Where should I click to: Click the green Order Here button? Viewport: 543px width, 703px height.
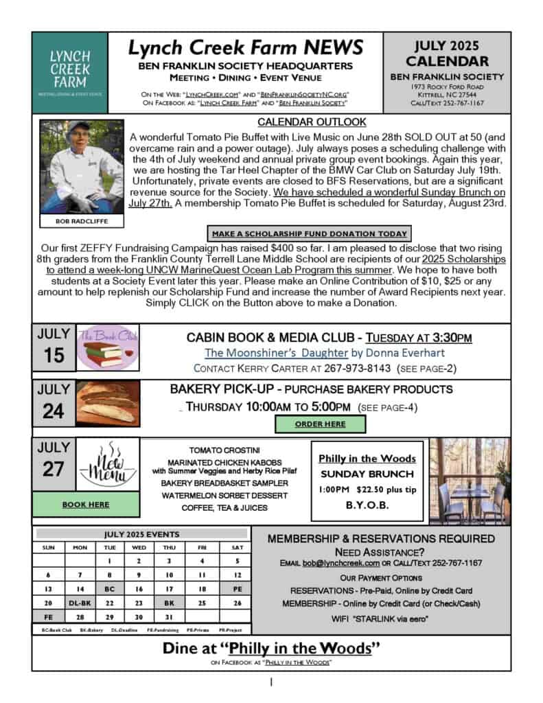pyautogui.click(x=320, y=424)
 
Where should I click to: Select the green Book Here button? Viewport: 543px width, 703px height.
pyautogui.click(x=86, y=504)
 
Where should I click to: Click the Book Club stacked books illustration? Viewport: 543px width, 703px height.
pyautogui.click(x=106, y=347)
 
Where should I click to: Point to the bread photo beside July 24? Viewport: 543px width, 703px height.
pyautogui.click(x=106, y=405)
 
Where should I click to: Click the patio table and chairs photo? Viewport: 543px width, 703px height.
pyautogui.click(x=470, y=481)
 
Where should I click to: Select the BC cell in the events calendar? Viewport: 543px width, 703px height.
pyautogui.click(x=109, y=589)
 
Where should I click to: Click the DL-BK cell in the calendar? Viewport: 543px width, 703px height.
pyautogui.click(x=79, y=602)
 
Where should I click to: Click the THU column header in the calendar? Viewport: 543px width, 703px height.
pyautogui.click(x=170, y=547)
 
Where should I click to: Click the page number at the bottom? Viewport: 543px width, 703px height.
pyautogui.click(x=271, y=682)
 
